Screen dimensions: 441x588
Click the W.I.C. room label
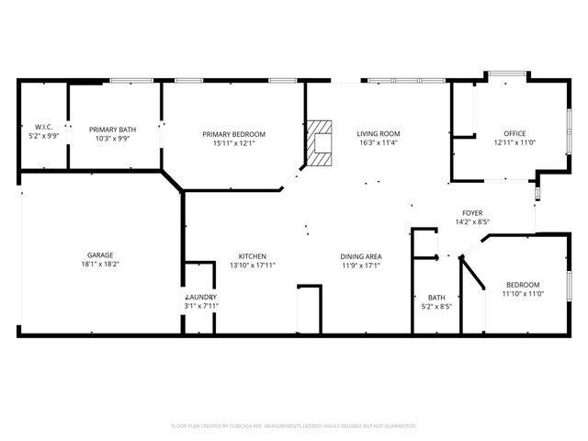tap(43, 127)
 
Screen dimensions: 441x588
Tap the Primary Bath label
tap(112, 130)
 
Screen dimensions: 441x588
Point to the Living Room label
tap(379, 133)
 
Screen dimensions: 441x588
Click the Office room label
tap(514, 133)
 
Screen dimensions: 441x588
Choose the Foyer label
tap(471, 212)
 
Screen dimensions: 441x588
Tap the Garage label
tap(100, 254)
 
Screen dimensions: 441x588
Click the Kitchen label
tap(253, 255)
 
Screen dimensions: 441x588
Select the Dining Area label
tap(361, 255)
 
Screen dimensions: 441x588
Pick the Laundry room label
tap(200, 298)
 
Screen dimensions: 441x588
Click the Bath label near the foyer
tap(436, 298)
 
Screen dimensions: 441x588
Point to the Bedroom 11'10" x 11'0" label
tap(523, 285)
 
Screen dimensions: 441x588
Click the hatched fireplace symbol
tap(320, 142)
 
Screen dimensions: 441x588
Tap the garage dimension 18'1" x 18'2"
tap(100, 264)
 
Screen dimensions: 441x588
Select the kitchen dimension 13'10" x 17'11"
tap(253, 265)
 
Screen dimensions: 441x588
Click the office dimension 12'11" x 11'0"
tap(514, 142)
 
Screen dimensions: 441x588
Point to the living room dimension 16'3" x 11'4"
tap(379, 142)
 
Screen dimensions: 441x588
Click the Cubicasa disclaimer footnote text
tap(294, 425)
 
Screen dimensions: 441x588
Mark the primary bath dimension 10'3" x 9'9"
tap(112, 139)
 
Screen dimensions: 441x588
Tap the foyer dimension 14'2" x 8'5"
tap(471, 221)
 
